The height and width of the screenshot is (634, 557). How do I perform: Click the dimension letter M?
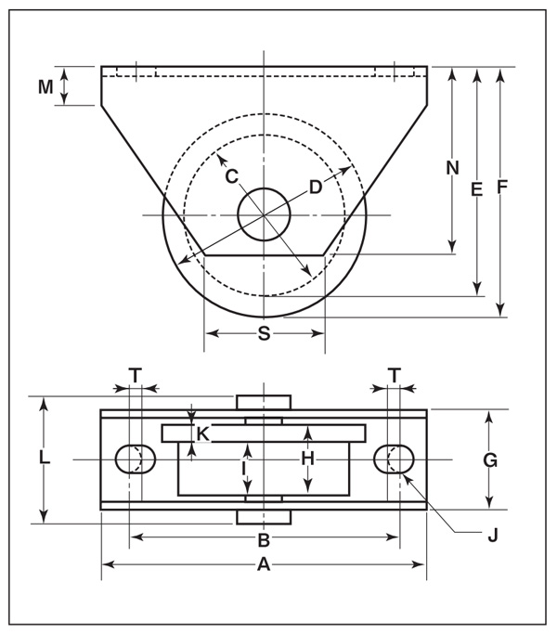(x=45, y=86)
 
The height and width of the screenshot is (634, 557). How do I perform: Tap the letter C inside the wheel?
(x=232, y=175)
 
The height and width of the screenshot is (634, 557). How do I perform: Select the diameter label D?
(x=316, y=187)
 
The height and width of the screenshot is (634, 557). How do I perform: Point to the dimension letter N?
(x=452, y=168)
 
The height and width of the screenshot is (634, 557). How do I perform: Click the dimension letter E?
(x=476, y=189)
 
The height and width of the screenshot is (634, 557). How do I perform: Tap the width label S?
(x=264, y=334)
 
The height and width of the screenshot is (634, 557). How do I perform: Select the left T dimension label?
(x=136, y=375)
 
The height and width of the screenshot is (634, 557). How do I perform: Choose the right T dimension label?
(x=395, y=375)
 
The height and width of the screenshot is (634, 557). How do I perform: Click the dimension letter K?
(x=202, y=433)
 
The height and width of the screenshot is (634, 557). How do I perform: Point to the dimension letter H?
(x=308, y=458)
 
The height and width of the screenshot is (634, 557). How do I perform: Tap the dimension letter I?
(x=243, y=470)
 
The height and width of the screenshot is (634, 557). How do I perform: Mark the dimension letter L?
(x=44, y=459)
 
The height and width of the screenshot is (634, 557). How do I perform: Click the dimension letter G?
(x=490, y=459)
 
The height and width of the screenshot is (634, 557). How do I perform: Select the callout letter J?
(x=493, y=535)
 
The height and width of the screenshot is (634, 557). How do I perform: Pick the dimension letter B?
(x=264, y=539)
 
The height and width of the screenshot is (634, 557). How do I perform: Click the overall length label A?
(x=264, y=564)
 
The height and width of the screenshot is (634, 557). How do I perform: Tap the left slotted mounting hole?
(x=134, y=459)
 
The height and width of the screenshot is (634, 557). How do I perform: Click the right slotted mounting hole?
(x=395, y=459)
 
